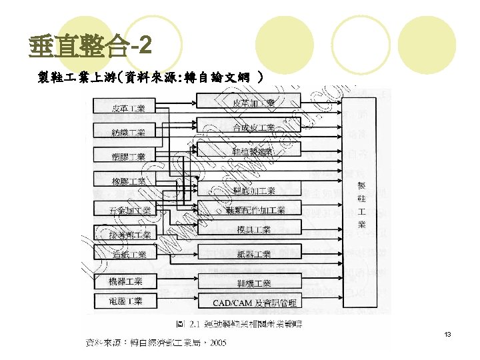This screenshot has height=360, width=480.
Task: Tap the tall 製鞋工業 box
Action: [x=362, y=200]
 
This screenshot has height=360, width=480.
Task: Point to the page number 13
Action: [x=448, y=333]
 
